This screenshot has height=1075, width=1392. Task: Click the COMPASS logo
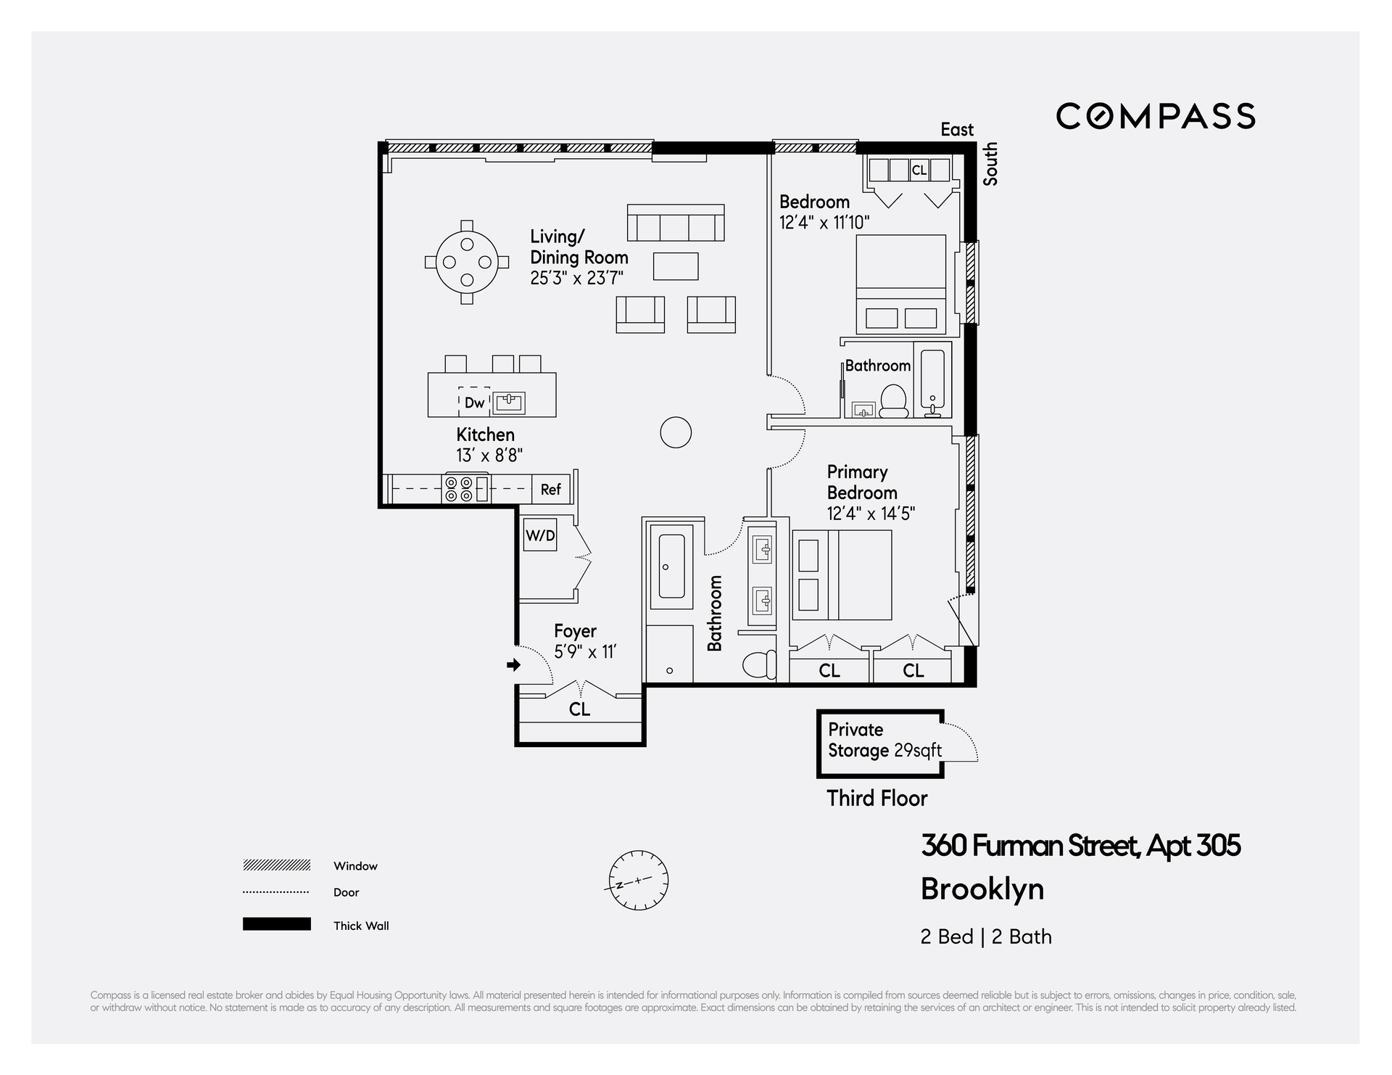pos(1155,116)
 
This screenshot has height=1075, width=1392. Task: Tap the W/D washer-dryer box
pos(540,535)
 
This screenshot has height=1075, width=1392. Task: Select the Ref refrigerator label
pos(551,490)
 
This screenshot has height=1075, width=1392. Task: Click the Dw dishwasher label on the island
pos(474,403)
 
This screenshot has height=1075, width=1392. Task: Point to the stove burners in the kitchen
pos(458,489)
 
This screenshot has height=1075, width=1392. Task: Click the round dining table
pos(467,262)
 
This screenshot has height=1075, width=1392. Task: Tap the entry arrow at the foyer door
pos(514,664)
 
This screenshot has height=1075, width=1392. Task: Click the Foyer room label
pos(575,631)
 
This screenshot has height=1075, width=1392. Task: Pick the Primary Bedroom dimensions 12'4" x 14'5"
pos(871,514)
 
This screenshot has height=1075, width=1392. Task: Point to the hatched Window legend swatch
pos(277,865)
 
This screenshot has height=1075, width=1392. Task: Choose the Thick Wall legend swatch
pos(277,924)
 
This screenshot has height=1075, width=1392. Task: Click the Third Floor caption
pos(877,799)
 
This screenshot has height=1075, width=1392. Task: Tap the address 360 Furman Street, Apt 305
pos(1080,846)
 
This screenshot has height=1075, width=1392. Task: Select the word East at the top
pos(957,130)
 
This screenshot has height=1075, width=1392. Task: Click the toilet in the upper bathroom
pos(894,401)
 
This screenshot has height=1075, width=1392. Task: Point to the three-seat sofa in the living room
pos(676,223)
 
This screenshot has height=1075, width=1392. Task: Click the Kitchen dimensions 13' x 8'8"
pos(489,456)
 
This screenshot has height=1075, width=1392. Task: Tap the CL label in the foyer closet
pos(579,709)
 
